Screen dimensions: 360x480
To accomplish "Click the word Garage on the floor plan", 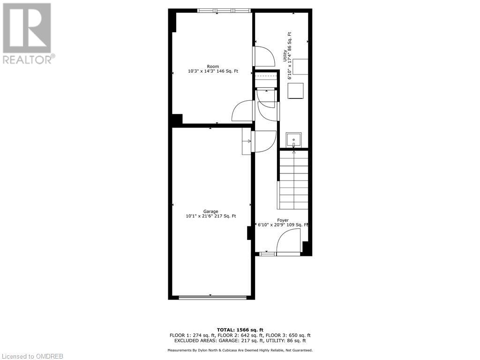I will [210, 211].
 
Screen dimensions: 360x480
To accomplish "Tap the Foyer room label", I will [283, 220].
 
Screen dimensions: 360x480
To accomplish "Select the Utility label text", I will [285, 56].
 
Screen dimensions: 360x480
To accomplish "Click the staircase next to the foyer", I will [294, 180].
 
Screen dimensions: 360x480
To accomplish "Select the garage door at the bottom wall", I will [212, 297].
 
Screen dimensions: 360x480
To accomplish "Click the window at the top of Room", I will [224, 10].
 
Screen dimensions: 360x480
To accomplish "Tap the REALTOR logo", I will [28, 33].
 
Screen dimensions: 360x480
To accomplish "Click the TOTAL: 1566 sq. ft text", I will [240, 330].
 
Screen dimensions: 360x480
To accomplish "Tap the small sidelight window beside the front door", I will [268, 254].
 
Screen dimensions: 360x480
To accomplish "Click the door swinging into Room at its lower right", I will [243, 112].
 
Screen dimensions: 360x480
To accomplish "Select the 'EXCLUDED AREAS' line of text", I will [240, 341].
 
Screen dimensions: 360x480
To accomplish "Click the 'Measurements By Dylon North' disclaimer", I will [240, 350].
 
